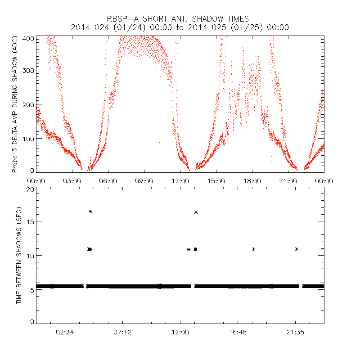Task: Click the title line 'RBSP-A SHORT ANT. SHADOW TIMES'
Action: tap(180, 18)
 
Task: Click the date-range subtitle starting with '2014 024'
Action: tap(180, 27)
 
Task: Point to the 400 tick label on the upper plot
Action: tap(28, 39)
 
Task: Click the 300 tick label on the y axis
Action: tap(28, 71)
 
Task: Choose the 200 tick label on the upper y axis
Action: tap(28, 104)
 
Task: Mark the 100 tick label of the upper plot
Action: tap(28, 138)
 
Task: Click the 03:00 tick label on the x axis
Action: tap(72, 180)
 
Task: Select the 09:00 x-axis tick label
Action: tap(144, 180)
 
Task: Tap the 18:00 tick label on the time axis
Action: tap(252, 180)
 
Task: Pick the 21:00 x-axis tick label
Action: tap(288, 180)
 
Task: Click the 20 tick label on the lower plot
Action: tap(30, 190)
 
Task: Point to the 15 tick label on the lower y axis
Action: tap(30, 222)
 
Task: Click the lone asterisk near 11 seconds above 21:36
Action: tap(297, 249)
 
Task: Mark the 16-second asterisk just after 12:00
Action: tap(196, 212)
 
